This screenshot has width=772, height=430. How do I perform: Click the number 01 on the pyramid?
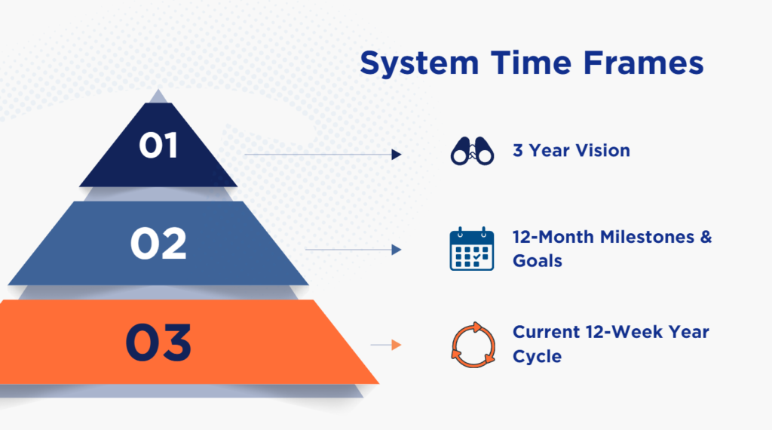(x=158, y=146)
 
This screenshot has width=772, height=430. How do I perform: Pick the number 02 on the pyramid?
(x=158, y=244)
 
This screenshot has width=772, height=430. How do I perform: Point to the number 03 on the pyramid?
(x=158, y=342)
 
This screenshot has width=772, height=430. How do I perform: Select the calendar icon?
(x=472, y=249)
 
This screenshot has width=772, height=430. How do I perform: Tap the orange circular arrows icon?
(x=472, y=344)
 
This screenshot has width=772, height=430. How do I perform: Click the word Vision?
(x=602, y=151)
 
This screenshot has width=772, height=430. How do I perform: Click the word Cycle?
(x=538, y=356)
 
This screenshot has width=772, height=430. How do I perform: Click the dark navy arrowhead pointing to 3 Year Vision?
(x=396, y=155)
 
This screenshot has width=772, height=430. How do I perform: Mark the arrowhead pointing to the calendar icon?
(x=397, y=250)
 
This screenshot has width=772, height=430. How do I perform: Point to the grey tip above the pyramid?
(x=157, y=96)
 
